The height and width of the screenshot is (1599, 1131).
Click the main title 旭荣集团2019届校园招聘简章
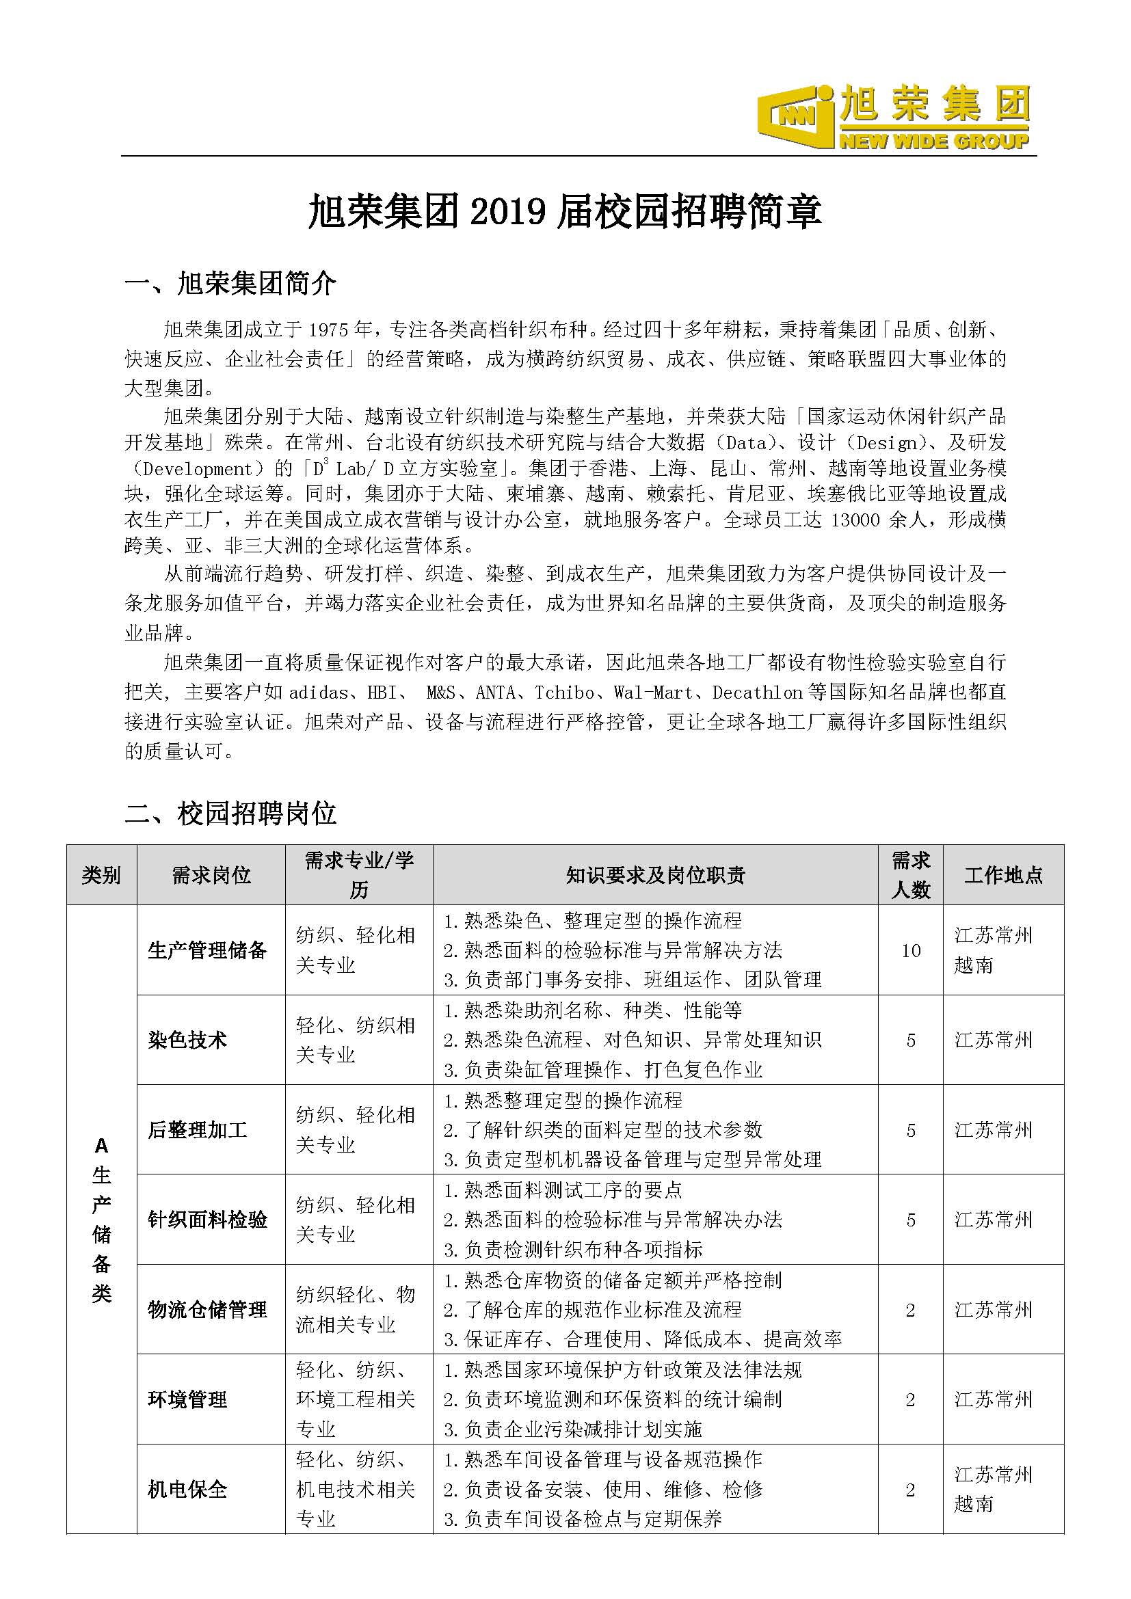pos(565,212)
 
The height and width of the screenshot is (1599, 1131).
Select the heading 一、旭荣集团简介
pos(230,284)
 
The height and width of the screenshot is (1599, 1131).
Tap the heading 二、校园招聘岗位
pos(230,813)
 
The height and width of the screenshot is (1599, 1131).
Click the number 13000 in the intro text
pos(856,520)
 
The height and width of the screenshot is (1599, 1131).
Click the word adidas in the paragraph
pos(318,693)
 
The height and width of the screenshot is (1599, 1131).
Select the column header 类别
pos(102,876)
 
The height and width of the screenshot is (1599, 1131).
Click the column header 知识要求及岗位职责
pos(655,876)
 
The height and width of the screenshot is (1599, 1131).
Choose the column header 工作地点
pos(1004,876)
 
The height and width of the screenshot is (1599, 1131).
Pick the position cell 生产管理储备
pos(208,951)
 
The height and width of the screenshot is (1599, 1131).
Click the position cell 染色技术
pos(188,1040)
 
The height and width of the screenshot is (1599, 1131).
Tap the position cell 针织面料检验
pos(208,1220)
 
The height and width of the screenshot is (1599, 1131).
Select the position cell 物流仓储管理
pos(208,1310)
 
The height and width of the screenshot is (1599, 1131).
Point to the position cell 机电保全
pos(188,1490)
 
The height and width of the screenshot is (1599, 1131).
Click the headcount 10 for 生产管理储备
pos(911,951)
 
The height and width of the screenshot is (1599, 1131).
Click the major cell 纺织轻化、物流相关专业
pos(355,1310)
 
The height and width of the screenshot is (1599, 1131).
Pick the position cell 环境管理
pos(188,1400)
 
